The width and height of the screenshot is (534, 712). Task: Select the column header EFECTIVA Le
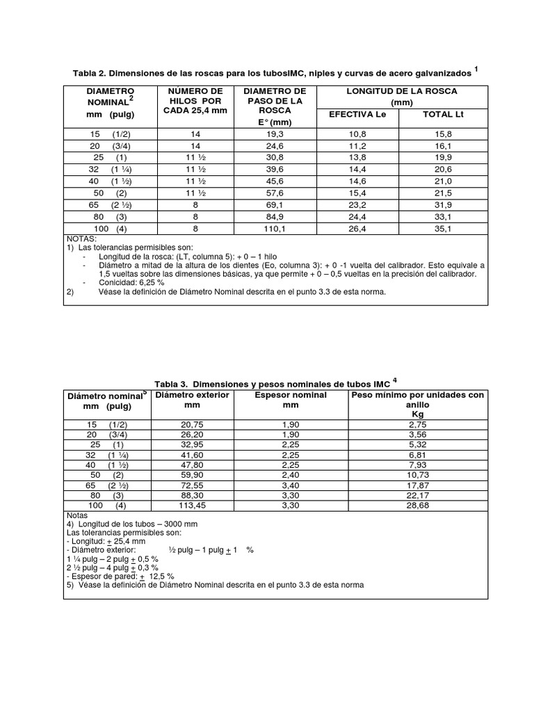357,114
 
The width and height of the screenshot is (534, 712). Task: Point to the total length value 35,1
443,228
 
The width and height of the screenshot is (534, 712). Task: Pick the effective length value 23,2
357,204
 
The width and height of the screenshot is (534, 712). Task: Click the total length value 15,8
443,133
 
